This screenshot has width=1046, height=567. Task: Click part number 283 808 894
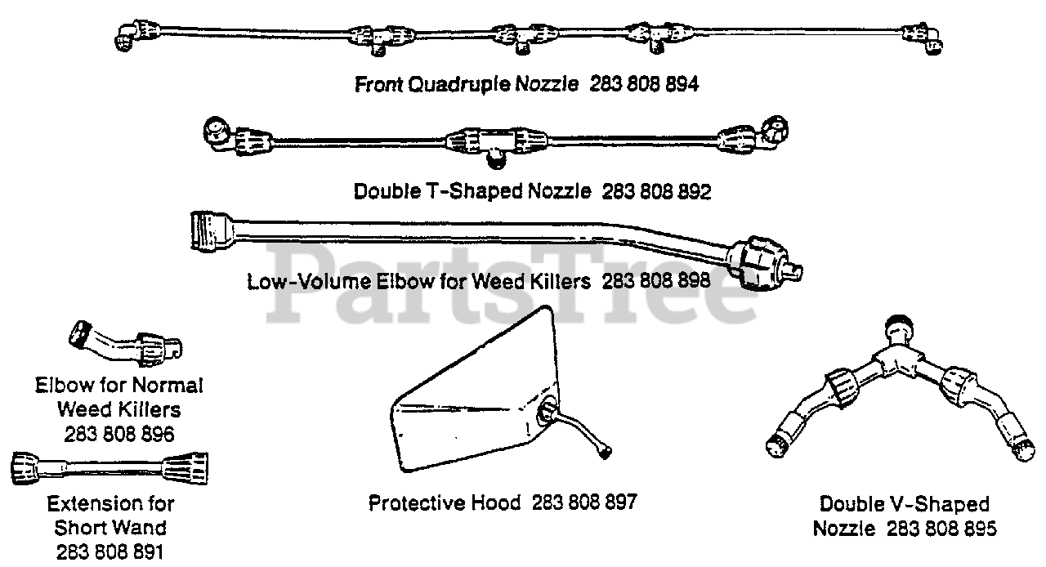[x=644, y=84]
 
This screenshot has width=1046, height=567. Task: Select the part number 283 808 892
[x=656, y=192]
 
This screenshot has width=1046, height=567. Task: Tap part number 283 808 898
[x=655, y=282]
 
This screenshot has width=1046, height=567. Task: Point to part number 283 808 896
[x=118, y=434]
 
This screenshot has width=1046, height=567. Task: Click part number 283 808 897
[x=583, y=502]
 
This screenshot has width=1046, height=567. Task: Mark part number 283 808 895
[x=942, y=529]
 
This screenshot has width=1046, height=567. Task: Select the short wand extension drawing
[x=109, y=468]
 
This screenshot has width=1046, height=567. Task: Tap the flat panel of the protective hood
[x=466, y=409]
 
